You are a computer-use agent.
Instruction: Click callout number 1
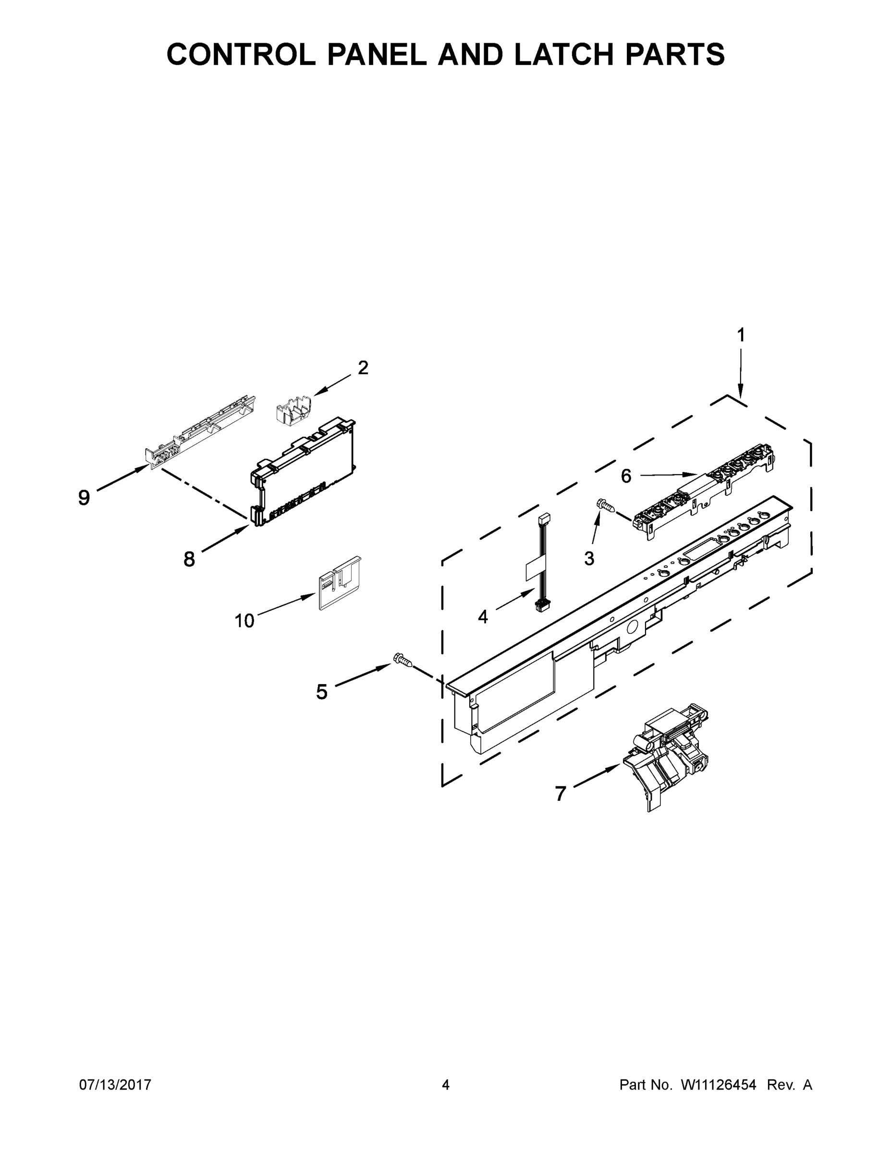click(x=741, y=335)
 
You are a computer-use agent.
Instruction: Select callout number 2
click(x=363, y=368)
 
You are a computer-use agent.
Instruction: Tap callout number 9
click(x=84, y=497)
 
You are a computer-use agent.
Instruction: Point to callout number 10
click(x=244, y=621)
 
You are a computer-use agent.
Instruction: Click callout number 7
click(x=561, y=794)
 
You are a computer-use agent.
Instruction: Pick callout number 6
click(x=626, y=476)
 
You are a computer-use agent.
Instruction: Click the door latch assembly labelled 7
click(x=668, y=755)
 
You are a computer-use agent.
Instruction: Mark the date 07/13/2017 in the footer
click(x=115, y=1085)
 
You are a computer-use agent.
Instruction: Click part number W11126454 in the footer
click(x=719, y=1085)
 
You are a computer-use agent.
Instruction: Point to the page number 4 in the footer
click(x=446, y=1085)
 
